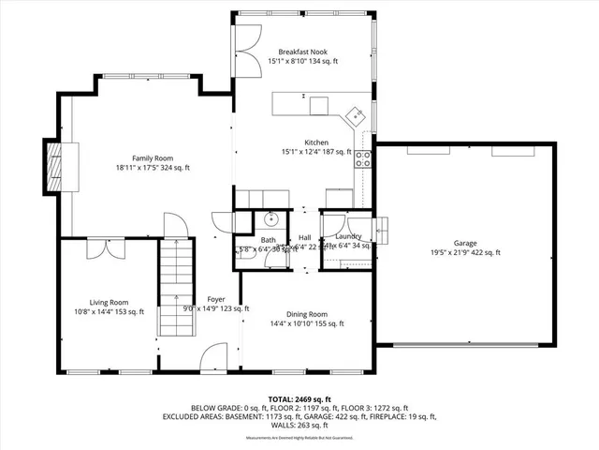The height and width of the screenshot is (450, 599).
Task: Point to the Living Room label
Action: pos(109,302)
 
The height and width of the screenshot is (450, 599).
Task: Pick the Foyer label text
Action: pos(216,300)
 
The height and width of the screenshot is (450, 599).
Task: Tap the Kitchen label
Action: pos(315,142)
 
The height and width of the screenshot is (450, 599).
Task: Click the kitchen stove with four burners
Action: pos(362,158)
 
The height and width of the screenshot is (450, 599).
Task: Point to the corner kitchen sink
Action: pos(357,116)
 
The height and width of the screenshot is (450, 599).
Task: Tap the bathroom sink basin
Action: pos(269,220)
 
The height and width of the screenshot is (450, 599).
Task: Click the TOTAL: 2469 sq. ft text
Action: pos(300,399)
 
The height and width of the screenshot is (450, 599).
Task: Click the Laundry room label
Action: pos(347,238)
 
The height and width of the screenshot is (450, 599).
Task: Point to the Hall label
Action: pos(305,238)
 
